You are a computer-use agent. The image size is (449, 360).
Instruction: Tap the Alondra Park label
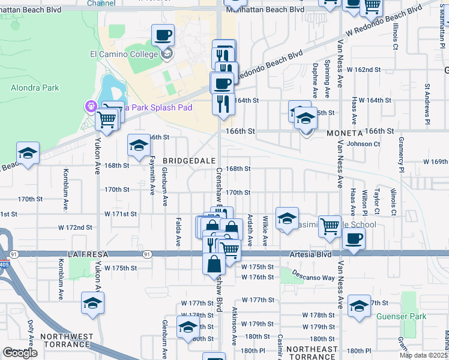click(35, 88)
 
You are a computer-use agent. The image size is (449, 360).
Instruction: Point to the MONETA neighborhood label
click(345, 133)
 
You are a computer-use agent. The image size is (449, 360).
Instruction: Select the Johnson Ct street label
click(364, 144)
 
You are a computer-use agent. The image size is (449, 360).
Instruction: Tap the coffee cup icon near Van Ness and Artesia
click(353, 238)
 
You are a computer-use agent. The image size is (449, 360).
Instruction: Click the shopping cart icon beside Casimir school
click(330, 226)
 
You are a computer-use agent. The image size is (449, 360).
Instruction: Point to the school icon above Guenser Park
click(359, 305)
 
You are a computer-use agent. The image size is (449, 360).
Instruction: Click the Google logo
click(20, 353)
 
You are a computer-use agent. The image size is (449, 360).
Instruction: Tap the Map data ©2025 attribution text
click(423, 355)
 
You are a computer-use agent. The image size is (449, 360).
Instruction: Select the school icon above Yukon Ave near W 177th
click(92, 303)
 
